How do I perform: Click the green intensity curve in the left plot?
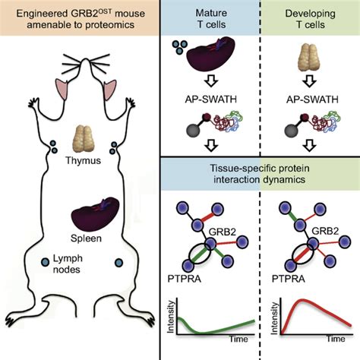(220, 330)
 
